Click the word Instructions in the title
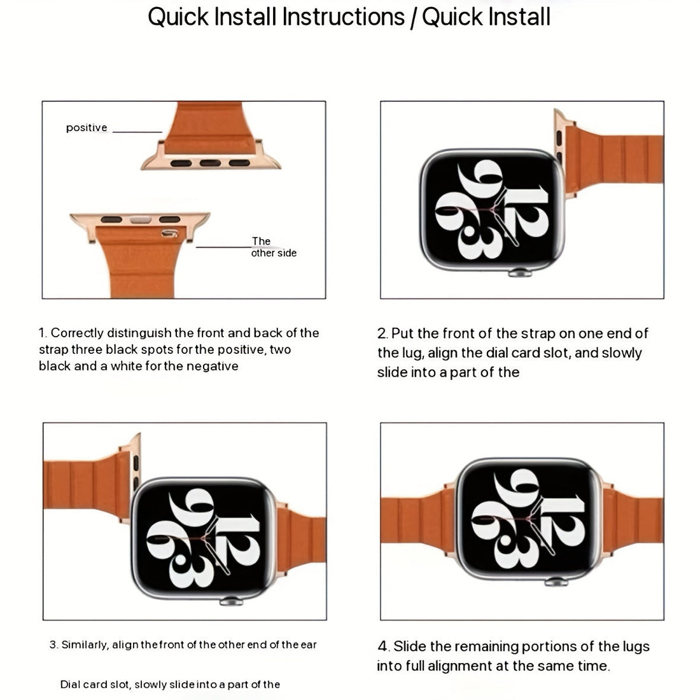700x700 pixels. (343, 17)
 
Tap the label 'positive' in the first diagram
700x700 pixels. (87, 128)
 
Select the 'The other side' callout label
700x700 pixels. (273, 247)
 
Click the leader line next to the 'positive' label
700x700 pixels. (137, 132)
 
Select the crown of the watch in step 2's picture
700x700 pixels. (519, 273)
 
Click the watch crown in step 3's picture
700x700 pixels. (230, 600)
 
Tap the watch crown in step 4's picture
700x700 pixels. (556, 581)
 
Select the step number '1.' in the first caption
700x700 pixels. (43, 333)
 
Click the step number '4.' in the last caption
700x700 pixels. (383, 647)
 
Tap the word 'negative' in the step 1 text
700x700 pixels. (213, 366)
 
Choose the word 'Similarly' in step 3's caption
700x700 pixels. (85, 645)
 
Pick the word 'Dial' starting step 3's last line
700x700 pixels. (70, 685)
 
